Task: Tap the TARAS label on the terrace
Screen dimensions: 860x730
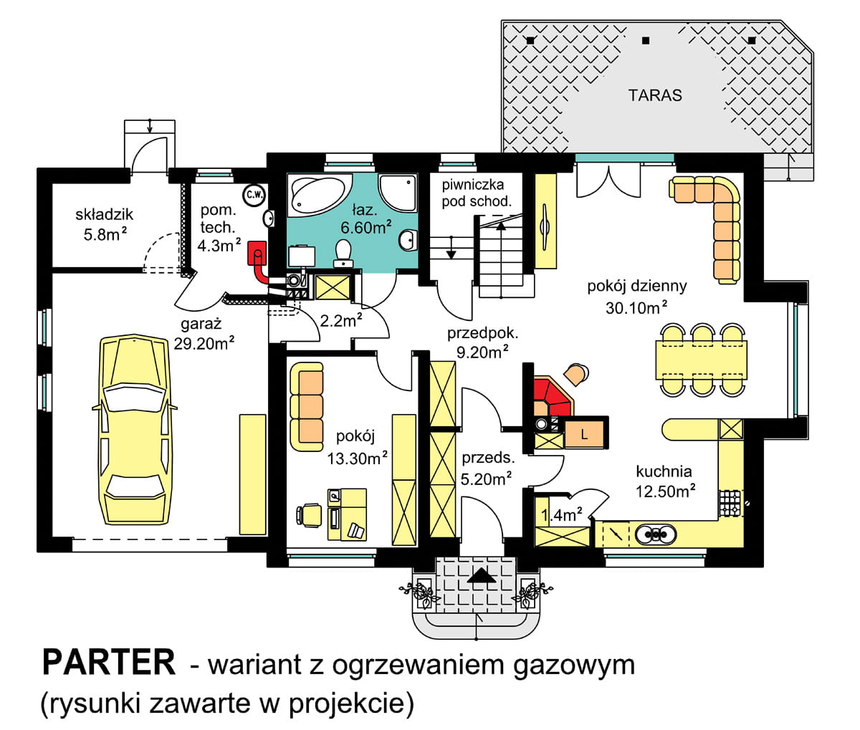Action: (x=655, y=95)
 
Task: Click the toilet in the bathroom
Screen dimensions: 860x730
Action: (x=343, y=252)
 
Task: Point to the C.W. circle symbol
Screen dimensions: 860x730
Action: (x=254, y=195)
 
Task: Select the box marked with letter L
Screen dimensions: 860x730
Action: (x=584, y=435)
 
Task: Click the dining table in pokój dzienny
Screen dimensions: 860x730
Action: (x=702, y=360)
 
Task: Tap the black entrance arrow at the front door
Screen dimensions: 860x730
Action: (x=482, y=576)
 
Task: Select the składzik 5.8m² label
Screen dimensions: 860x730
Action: (x=105, y=225)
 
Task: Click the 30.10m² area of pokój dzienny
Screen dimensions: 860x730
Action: (x=636, y=307)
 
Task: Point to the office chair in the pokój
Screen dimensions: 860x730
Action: (x=309, y=516)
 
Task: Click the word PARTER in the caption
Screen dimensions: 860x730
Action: (x=109, y=663)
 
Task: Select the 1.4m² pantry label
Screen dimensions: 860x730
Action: (x=561, y=515)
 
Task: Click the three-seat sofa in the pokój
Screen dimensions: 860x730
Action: (x=307, y=407)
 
